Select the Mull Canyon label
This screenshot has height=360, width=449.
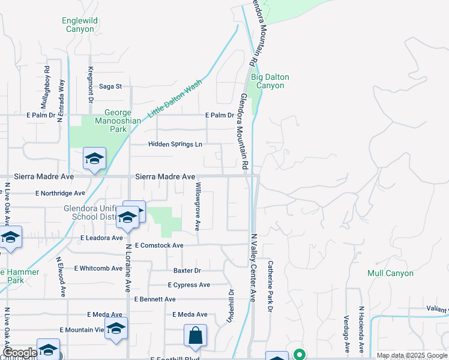point(391,273)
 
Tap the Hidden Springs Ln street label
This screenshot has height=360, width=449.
point(175,145)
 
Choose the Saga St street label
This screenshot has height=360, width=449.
point(110,86)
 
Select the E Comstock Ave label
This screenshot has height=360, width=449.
point(159,245)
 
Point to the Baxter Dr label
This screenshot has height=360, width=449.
point(186,271)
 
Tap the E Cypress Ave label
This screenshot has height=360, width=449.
point(189,285)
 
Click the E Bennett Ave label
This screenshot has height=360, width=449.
point(155,299)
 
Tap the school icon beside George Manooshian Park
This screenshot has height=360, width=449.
point(94,159)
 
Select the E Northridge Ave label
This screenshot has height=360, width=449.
point(60,193)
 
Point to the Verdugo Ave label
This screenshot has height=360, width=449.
point(346,334)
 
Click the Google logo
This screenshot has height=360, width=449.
point(19,353)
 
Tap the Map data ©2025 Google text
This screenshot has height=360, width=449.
point(411,355)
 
